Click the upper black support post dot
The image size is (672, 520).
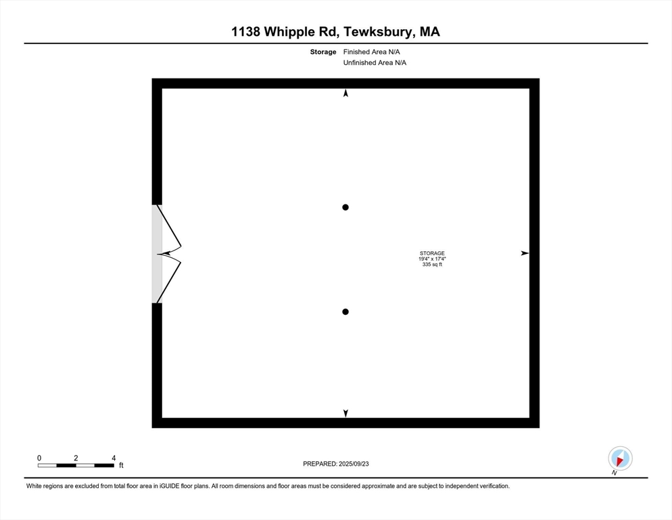[345, 207]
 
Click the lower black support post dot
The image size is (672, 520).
[345, 311]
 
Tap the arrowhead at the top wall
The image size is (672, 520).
[345, 93]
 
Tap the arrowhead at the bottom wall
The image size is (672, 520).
[345, 413]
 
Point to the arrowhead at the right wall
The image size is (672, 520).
[525, 253]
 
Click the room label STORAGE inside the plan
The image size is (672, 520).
[432, 253]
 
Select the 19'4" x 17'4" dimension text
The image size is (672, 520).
[432, 259]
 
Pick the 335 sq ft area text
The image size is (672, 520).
[432, 265]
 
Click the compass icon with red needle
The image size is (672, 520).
[620, 458]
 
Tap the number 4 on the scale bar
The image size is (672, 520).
[114, 458]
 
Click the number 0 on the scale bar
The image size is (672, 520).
[39, 458]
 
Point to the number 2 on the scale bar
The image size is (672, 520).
[76, 458]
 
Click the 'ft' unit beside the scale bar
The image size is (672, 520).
[121, 465]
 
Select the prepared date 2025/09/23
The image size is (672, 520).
[354, 464]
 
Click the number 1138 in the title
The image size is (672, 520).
[245, 32]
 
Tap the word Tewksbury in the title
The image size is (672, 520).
[379, 32]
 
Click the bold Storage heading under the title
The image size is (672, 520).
[323, 52]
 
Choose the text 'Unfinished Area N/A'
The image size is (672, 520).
[375, 63]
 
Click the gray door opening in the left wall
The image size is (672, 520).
[157, 254]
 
